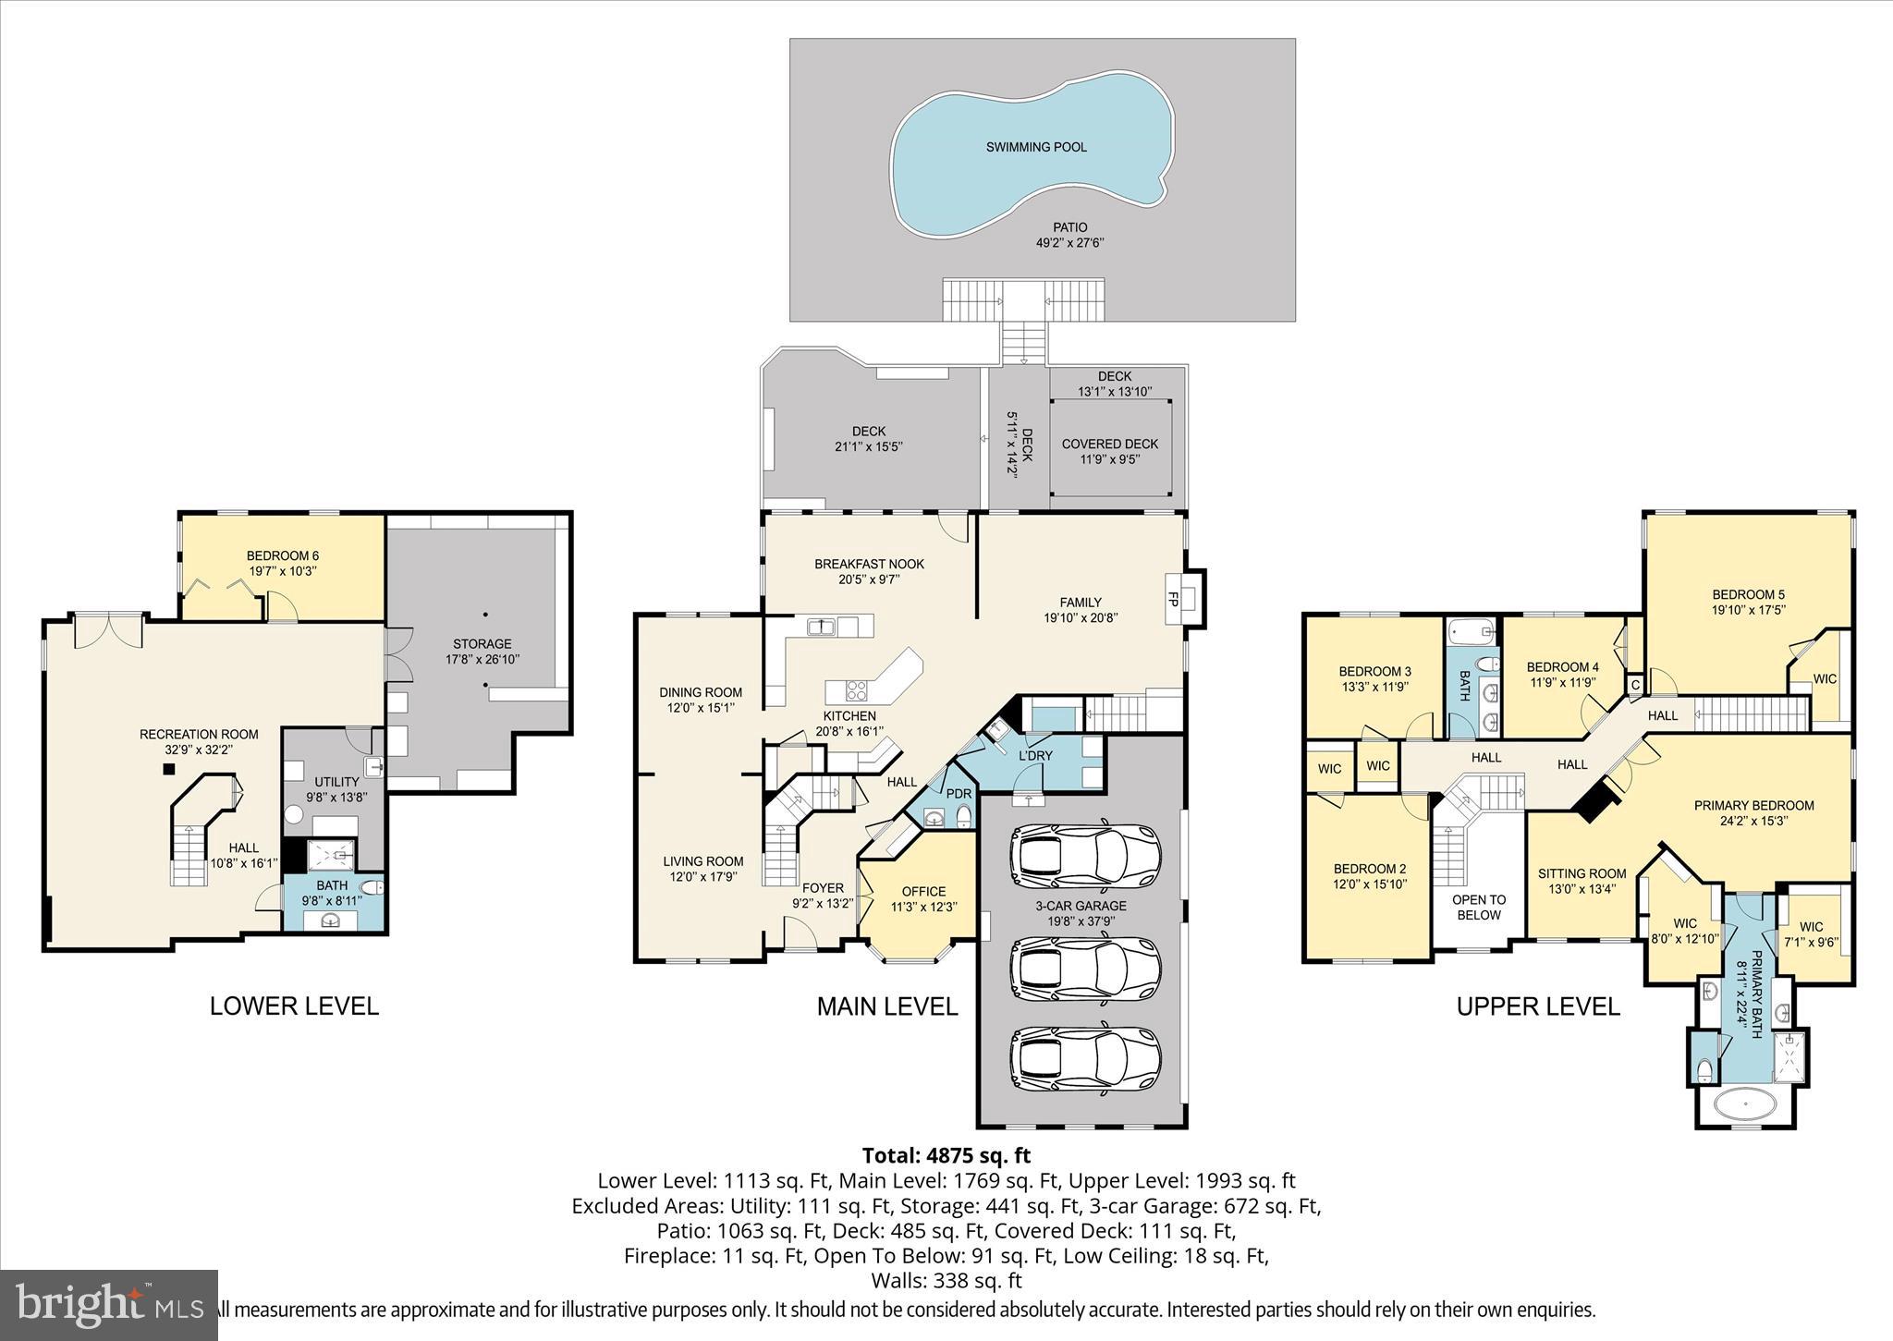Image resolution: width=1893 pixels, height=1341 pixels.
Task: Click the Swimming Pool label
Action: point(1035,147)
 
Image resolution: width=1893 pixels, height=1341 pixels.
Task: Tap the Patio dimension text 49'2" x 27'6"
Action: point(1070,243)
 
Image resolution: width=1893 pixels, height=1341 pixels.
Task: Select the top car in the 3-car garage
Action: point(1084,851)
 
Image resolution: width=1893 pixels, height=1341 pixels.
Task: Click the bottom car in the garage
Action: point(1084,1061)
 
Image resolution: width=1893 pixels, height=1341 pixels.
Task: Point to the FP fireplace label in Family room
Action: point(1173,598)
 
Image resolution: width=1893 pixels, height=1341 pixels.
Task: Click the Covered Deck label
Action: point(1109,444)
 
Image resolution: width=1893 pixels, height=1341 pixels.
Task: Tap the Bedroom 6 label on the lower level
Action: point(282,555)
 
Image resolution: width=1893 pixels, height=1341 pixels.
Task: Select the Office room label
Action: point(923,891)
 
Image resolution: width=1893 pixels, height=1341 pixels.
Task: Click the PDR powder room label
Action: point(959,794)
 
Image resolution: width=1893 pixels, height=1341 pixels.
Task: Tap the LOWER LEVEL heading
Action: point(294,1006)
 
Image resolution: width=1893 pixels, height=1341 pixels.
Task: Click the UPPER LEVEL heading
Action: point(1538,1006)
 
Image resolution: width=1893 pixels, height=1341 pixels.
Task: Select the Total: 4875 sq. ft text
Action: point(946,1155)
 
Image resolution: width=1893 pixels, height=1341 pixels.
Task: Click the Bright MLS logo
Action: point(109,1305)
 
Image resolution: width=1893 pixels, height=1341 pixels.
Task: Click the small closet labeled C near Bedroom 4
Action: point(1634,685)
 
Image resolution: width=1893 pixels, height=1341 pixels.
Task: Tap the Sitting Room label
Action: point(1582,873)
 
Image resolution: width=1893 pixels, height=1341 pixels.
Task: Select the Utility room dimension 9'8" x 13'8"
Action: point(336,797)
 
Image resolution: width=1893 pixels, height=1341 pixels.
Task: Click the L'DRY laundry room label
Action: point(1035,755)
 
